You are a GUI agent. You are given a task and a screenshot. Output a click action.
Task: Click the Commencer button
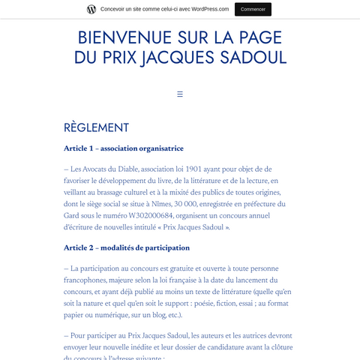pos(253,9)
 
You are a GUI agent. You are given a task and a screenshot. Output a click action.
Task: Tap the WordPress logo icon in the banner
pos(91,9)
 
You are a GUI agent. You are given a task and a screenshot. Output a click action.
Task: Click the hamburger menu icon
pos(180,94)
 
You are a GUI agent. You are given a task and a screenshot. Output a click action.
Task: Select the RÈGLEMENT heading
pos(96,127)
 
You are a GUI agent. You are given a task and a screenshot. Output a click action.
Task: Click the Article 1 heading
pos(124,148)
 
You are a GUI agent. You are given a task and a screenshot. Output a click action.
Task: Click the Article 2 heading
pos(127,247)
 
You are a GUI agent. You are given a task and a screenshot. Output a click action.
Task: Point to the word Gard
pos(74,215)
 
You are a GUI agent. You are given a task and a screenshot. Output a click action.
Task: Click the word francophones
pos(88,280)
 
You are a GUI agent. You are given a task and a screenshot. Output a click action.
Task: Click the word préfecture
pos(252,204)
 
